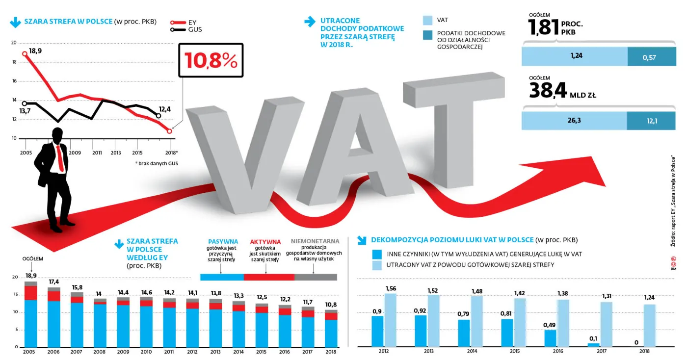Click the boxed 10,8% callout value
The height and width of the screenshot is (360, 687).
point(211,60)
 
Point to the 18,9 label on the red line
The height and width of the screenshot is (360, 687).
point(35,51)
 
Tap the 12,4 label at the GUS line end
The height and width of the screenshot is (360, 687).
point(165,109)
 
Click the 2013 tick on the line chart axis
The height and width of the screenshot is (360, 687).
point(115,153)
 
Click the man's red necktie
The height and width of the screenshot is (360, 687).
point(60,157)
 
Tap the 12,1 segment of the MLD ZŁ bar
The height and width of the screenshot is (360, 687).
point(652,121)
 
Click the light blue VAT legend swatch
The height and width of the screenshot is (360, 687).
point(427,20)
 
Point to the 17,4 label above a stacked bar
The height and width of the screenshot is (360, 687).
point(54,282)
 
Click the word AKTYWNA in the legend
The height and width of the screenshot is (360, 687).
point(265,242)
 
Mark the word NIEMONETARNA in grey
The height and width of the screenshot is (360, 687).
point(315,242)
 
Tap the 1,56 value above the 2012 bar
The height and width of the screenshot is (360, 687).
point(391,288)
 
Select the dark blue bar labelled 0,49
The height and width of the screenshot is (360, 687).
point(550,338)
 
